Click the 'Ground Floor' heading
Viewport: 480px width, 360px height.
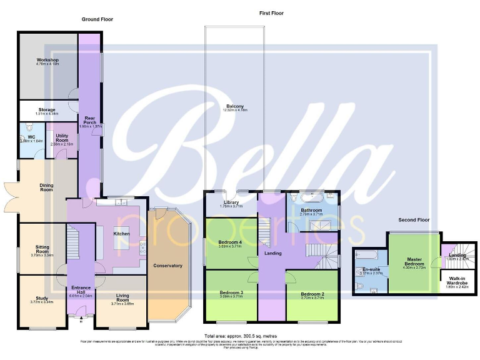click(x=97, y=19)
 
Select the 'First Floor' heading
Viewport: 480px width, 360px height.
click(x=272, y=12)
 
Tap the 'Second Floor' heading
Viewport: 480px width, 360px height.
click(x=414, y=220)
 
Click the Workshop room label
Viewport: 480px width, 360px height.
click(x=47, y=61)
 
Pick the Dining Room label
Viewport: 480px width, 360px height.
click(x=46, y=187)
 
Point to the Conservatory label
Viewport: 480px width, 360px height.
click(x=167, y=266)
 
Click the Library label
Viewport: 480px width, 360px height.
click(x=231, y=203)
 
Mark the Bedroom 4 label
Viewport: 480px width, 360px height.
click(x=230, y=244)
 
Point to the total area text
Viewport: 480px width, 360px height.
click(x=240, y=336)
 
